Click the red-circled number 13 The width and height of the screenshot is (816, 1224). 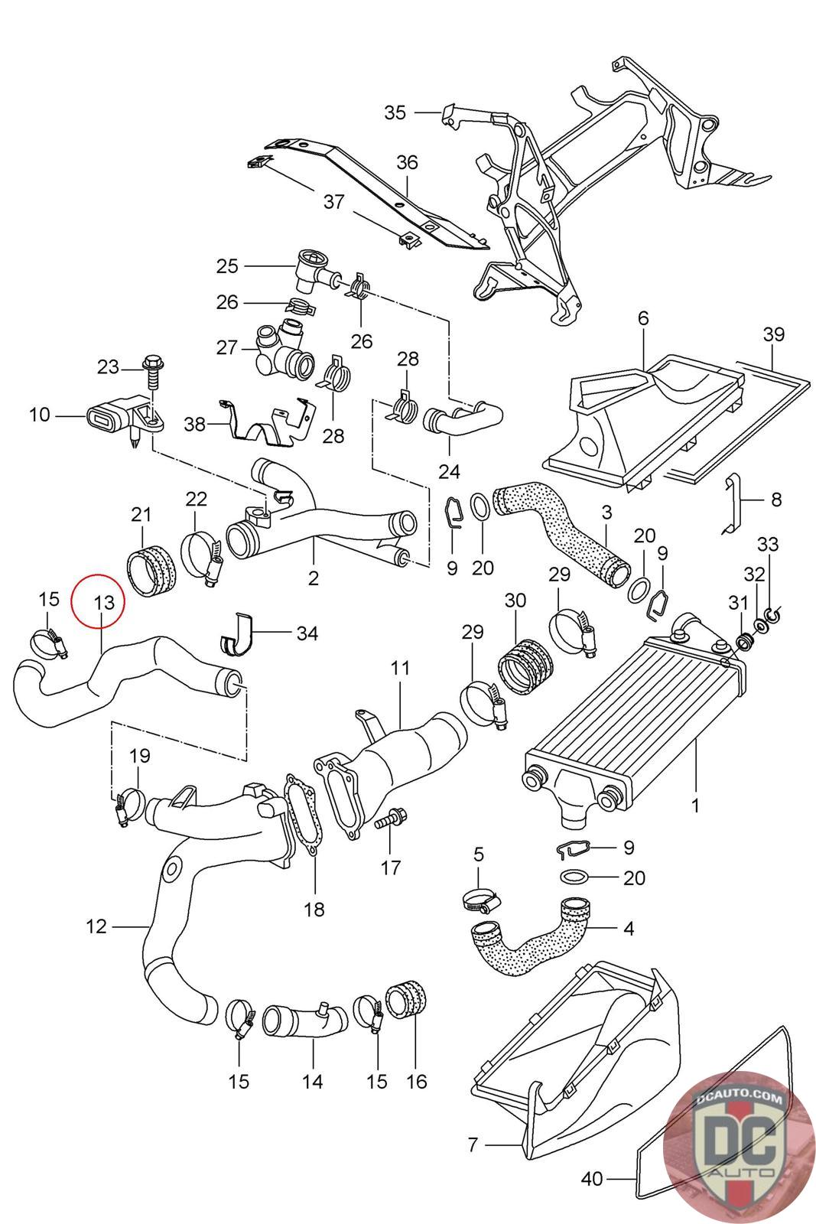104,602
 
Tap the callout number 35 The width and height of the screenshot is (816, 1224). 395,112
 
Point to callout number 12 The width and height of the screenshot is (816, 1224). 96,926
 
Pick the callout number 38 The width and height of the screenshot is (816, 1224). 194,424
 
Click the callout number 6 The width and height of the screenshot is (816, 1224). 643,318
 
